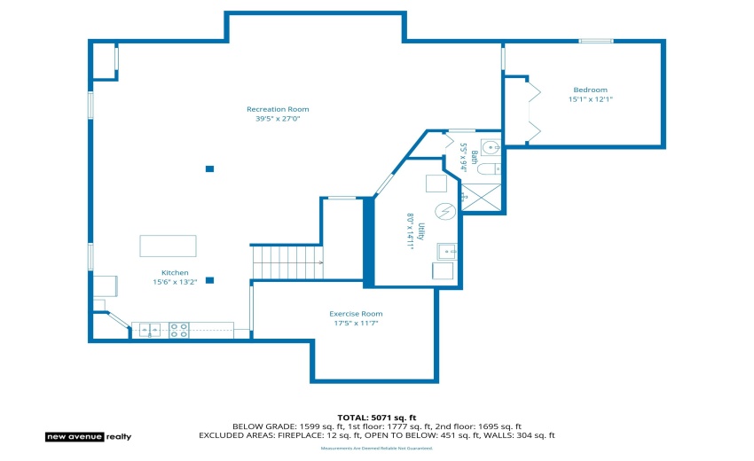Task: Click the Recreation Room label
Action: [x=278, y=109]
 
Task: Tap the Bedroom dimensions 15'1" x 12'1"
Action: [x=590, y=99]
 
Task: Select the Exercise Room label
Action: [x=356, y=314]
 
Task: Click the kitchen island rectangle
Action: [x=168, y=246]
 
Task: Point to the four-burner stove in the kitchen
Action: [x=178, y=330]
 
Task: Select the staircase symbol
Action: [x=287, y=262]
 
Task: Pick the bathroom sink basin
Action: [x=491, y=147]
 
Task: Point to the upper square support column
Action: [x=209, y=168]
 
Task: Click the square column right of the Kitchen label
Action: [x=209, y=280]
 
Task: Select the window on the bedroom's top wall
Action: [x=595, y=41]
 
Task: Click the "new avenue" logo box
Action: [x=75, y=436]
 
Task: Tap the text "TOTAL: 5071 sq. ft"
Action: [x=376, y=417]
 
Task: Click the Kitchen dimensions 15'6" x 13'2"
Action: [x=174, y=282]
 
